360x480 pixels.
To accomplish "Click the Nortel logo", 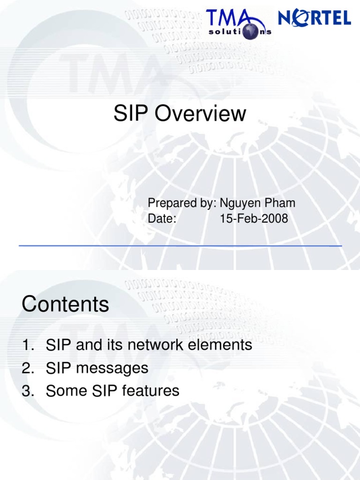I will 315,18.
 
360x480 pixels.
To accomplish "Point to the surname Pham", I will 280,203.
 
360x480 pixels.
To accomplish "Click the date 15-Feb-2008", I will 254,218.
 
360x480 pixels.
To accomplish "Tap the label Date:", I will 162,218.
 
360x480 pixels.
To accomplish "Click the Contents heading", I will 65,305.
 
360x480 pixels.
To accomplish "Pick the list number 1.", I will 27,346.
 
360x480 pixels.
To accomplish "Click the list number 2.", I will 27,368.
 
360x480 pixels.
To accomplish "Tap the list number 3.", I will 27,391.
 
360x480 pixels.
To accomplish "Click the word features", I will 150,390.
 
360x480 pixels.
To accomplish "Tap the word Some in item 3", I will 67,390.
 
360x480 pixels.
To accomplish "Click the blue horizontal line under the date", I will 180,246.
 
